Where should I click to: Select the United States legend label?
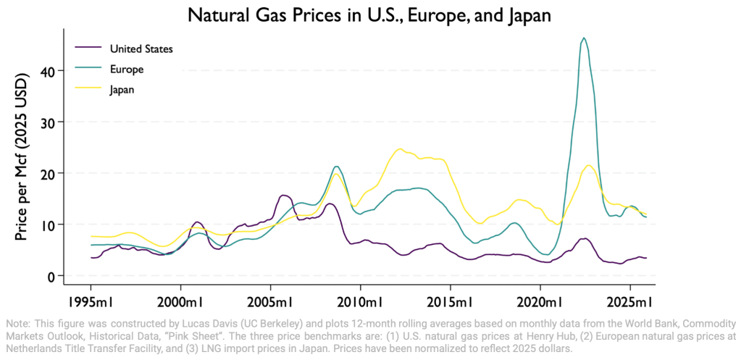pos(141,49)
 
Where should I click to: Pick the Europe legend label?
pos(127,69)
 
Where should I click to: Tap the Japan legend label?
pos(122,90)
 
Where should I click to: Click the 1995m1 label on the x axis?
pos(91,301)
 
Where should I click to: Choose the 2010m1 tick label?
pos(360,301)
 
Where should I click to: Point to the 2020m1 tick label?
pos(540,301)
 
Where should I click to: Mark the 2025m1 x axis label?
pos(630,301)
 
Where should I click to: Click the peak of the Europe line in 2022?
pos(584,38)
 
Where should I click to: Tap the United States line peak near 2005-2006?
pos(283,195)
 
